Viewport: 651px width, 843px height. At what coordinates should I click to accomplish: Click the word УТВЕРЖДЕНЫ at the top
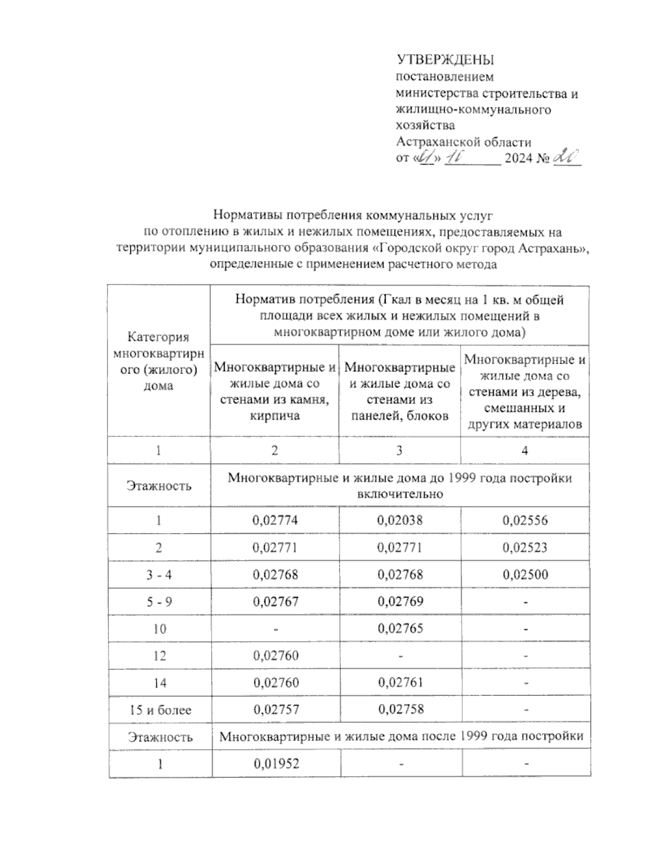click(445, 60)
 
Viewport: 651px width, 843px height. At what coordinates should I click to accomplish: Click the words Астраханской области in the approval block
click(464, 142)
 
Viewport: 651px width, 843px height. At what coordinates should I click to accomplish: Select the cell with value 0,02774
click(275, 521)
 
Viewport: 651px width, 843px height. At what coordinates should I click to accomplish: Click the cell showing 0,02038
click(400, 521)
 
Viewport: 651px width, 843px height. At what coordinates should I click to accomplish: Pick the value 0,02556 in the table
click(525, 521)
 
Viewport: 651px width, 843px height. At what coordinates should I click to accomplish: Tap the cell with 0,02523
click(525, 548)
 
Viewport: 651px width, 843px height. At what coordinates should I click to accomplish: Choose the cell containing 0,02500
click(525, 574)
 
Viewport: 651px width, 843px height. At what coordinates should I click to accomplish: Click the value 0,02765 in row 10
click(400, 629)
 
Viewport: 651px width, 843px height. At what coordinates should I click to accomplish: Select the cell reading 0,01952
click(276, 764)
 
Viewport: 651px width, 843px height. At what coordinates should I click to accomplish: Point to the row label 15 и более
click(160, 710)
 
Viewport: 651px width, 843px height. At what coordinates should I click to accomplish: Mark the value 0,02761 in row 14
click(400, 682)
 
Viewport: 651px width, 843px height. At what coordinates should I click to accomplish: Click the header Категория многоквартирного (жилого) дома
click(158, 362)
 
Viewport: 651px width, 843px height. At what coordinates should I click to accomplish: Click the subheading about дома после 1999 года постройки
click(401, 737)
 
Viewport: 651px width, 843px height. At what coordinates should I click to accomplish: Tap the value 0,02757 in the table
click(275, 710)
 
